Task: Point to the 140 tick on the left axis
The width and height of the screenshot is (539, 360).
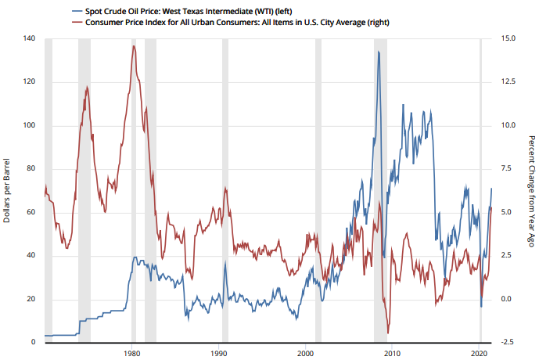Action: tap(29, 38)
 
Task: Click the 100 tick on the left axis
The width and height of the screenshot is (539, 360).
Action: tap(29, 125)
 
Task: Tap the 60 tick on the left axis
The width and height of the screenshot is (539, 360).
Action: tap(31, 212)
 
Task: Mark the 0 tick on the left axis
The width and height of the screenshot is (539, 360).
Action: tap(33, 343)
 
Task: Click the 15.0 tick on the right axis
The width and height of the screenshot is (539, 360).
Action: tap(508, 38)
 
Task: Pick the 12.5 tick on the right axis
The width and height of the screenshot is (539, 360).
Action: tap(508, 82)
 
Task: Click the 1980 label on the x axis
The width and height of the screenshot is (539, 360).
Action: tap(131, 354)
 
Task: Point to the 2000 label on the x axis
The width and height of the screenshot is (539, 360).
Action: tap(305, 354)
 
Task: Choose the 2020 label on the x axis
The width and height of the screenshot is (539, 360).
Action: tap(479, 354)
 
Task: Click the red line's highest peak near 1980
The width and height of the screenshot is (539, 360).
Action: tap(134, 46)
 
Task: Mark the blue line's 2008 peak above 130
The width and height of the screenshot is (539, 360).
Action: tap(379, 52)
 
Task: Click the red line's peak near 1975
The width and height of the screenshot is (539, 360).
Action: tap(87, 87)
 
